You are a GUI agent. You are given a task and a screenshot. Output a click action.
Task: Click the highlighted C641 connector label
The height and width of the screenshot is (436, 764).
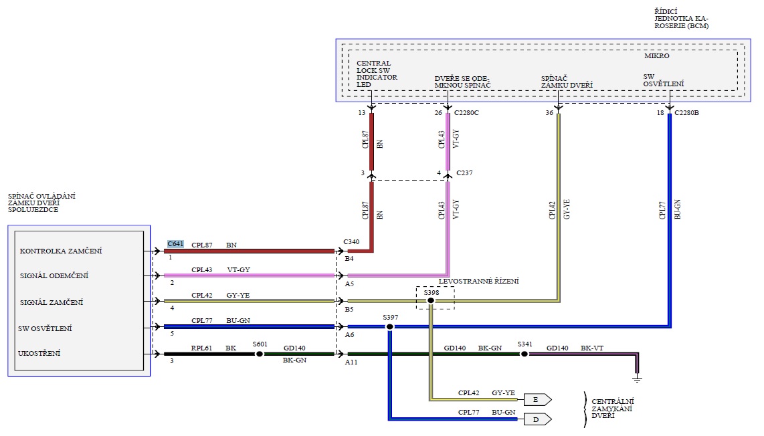175,243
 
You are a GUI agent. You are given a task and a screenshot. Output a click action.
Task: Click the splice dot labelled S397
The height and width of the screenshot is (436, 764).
390,326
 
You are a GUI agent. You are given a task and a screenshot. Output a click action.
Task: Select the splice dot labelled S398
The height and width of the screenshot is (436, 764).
431,301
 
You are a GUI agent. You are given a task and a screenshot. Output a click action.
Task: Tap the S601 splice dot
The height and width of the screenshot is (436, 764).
260,354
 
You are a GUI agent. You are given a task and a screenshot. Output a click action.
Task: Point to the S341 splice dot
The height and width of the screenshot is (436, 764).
524,354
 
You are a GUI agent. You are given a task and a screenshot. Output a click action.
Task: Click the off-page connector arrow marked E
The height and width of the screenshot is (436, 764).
537,400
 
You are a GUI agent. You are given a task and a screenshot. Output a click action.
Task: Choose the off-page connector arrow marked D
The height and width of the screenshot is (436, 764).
537,419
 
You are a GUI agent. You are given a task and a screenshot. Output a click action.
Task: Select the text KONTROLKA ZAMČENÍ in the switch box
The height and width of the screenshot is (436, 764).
61,251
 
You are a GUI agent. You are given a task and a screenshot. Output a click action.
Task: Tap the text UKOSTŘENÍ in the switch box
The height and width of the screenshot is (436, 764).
40,353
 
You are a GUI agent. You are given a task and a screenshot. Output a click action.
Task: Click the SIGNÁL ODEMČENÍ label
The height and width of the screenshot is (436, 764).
54,276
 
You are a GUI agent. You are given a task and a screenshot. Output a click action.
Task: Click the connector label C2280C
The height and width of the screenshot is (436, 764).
466,113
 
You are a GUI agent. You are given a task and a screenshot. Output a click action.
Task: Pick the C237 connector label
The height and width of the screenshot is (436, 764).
465,174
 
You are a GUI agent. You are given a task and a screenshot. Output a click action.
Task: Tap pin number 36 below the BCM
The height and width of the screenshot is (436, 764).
549,113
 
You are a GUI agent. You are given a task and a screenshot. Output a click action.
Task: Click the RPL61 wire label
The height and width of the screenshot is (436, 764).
201,348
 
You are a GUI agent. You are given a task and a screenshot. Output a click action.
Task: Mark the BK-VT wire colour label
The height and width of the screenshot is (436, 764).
592,348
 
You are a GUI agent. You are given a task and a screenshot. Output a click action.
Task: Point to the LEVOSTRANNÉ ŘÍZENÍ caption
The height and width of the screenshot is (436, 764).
478,282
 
